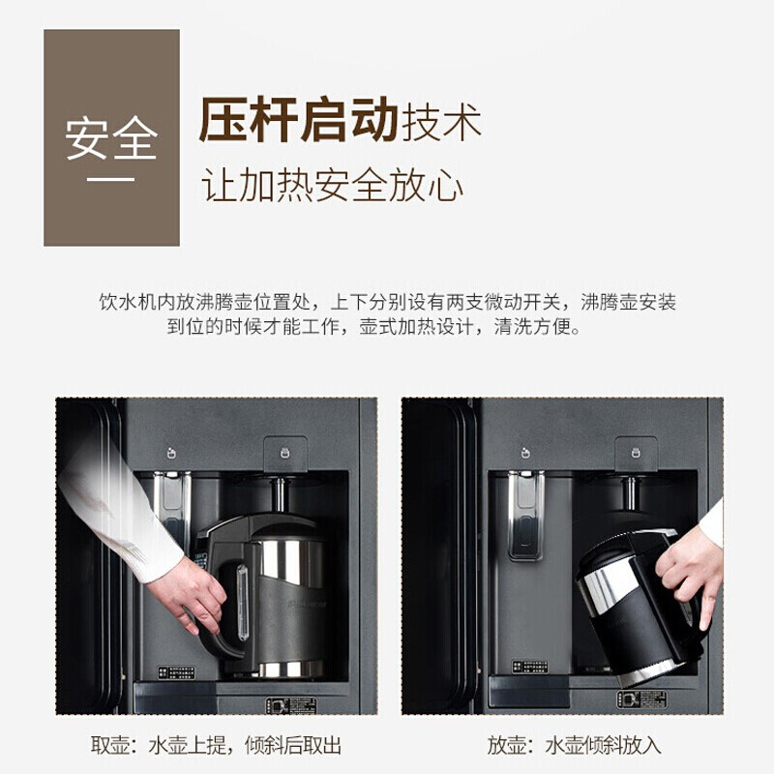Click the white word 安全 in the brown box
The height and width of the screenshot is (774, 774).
[x=111, y=138]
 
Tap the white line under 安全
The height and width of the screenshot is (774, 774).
[x=111, y=179]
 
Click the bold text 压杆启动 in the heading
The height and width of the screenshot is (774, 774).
[x=299, y=120]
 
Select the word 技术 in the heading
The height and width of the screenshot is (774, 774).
[x=441, y=122]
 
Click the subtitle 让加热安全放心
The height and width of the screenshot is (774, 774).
[x=332, y=186]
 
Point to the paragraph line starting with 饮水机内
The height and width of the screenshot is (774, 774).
[x=388, y=302]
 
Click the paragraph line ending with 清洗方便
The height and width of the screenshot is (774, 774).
[x=373, y=326]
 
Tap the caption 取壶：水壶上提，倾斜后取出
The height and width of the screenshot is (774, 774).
[x=216, y=745]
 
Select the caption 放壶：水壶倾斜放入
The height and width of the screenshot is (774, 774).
[x=574, y=745]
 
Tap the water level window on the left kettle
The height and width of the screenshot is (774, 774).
[x=242, y=603]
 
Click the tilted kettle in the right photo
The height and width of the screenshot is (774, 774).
[x=637, y=608]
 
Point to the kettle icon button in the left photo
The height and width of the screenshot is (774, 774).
[x=284, y=453]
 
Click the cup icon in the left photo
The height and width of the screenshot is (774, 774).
[x=171, y=452]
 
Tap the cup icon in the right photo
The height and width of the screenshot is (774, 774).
[x=526, y=452]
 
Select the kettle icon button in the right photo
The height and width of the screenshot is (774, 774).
[x=636, y=453]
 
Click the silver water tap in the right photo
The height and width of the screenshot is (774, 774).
[x=525, y=515]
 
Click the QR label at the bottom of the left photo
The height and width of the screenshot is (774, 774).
[x=292, y=705]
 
